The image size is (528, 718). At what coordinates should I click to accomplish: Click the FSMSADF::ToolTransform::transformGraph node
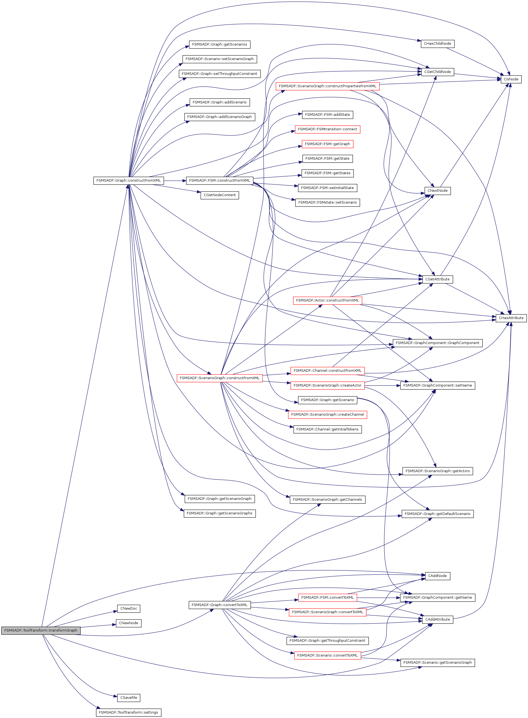(41, 630)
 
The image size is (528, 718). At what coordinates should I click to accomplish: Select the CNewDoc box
(128, 608)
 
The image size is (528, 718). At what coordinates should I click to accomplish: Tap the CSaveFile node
(128, 697)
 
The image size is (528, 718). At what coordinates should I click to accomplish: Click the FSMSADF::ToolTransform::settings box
(128, 712)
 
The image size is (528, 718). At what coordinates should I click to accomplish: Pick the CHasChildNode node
(437, 43)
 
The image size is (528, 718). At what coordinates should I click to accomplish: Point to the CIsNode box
(511, 79)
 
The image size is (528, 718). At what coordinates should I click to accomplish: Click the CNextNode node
(437, 190)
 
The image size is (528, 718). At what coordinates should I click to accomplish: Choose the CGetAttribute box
(437, 279)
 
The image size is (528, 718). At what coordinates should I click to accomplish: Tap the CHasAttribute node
(511, 318)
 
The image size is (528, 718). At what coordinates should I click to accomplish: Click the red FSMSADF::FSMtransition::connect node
(327, 129)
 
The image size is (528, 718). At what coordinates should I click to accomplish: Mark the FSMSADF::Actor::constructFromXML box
(327, 300)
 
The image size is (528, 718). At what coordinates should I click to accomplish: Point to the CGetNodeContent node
(220, 195)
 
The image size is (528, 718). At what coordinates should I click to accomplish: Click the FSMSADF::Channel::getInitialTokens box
(327, 429)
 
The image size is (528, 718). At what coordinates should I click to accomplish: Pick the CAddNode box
(437, 576)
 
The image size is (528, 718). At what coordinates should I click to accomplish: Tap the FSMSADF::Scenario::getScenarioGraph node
(437, 662)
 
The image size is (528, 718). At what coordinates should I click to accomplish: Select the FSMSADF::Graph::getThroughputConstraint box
(327, 640)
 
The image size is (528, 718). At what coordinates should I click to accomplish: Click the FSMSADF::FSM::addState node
(327, 114)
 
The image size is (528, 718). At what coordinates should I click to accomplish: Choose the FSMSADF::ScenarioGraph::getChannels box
(327, 499)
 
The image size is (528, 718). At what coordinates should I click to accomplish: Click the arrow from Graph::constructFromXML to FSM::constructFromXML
(174, 181)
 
